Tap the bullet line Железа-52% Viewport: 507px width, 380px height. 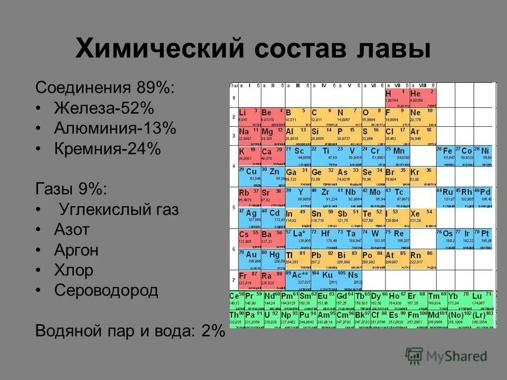[104, 108]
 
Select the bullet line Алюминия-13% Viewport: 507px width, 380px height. [115, 129]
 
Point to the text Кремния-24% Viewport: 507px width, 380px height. [107, 149]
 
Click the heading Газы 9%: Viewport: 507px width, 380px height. [70, 189]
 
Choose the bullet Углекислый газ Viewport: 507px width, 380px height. [119, 210]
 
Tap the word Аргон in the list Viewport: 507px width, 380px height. [76, 250]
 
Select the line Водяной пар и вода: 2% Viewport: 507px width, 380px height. [130, 331]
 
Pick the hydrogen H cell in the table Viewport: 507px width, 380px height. [397, 96]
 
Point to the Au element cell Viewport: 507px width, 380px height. [248, 257]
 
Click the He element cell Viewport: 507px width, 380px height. [422, 96]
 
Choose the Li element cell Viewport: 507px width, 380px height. [248, 115]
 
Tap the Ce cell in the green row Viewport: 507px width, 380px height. [236, 299]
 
